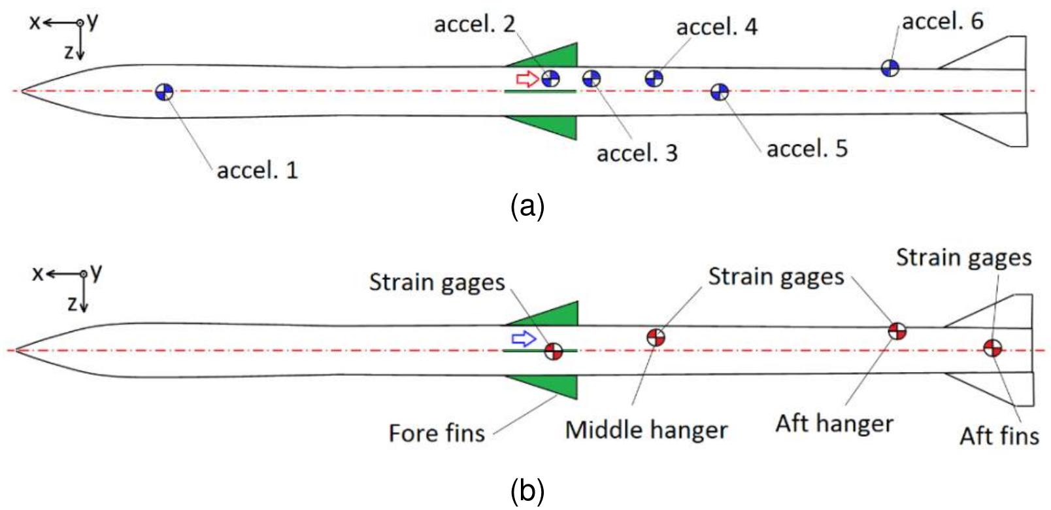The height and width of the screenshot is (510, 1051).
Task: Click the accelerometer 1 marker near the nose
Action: [164, 92]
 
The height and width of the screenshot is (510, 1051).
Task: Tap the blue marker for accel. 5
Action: [720, 92]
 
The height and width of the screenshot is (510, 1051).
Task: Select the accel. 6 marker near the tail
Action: [890, 67]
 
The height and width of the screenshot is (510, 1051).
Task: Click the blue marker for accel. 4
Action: [654, 78]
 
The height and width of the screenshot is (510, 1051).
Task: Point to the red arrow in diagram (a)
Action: [527, 79]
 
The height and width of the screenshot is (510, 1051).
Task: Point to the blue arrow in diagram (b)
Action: [524, 339]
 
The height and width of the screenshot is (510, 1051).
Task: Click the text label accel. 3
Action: [637, 153]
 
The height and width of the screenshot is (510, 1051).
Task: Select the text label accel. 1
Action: [257, 171]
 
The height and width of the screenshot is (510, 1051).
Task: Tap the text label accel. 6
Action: [943, 22]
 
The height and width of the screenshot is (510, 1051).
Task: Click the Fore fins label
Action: [436, 433]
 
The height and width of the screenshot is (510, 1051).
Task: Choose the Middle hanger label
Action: [646, 430]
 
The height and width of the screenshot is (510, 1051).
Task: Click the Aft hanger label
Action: [834, 424]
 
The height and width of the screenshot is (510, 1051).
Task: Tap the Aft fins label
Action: [999, 435]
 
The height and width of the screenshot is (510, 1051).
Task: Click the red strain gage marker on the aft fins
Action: [992, 348]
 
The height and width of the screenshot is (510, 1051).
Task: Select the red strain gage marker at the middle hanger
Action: [656, 337]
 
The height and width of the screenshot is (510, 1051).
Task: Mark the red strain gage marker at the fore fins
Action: [554, 351]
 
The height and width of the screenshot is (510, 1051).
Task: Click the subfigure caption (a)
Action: [526, 207]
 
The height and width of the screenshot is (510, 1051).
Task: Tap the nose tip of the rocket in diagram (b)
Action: [16, 350]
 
